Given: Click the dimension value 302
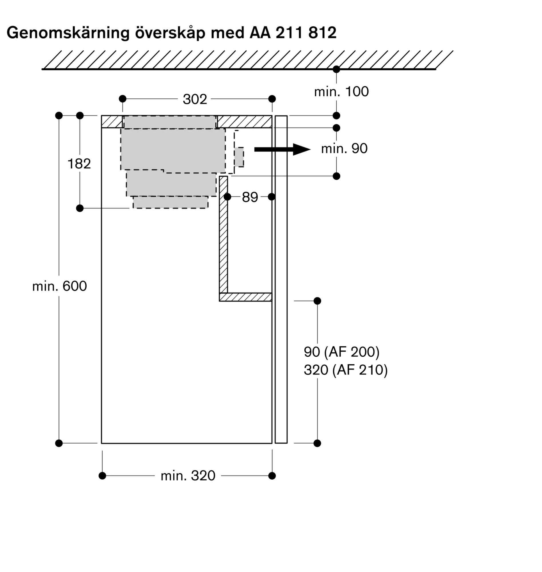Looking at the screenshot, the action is point(195,99).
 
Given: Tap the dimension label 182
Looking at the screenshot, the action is point(79,164).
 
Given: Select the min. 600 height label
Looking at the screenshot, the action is point(59,286).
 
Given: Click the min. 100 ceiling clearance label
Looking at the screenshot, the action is point(341,92).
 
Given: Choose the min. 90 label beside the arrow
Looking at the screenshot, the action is point(344,149).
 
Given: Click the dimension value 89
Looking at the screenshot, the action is point(250,197).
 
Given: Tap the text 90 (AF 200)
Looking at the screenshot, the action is point(342,352).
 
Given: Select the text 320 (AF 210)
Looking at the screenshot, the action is point(346,370).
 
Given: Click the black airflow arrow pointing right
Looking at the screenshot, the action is point(282,149).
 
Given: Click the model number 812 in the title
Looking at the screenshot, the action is point(322,33).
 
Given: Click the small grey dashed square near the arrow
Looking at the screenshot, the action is point(239,157).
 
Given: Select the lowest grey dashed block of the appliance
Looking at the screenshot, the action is point(170,202).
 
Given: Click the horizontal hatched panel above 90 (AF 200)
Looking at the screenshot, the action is point(246,297).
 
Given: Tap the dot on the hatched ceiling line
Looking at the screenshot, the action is point(336,69).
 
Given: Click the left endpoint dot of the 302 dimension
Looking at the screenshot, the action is point(122,99).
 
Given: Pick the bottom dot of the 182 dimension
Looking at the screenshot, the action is point(80,208).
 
